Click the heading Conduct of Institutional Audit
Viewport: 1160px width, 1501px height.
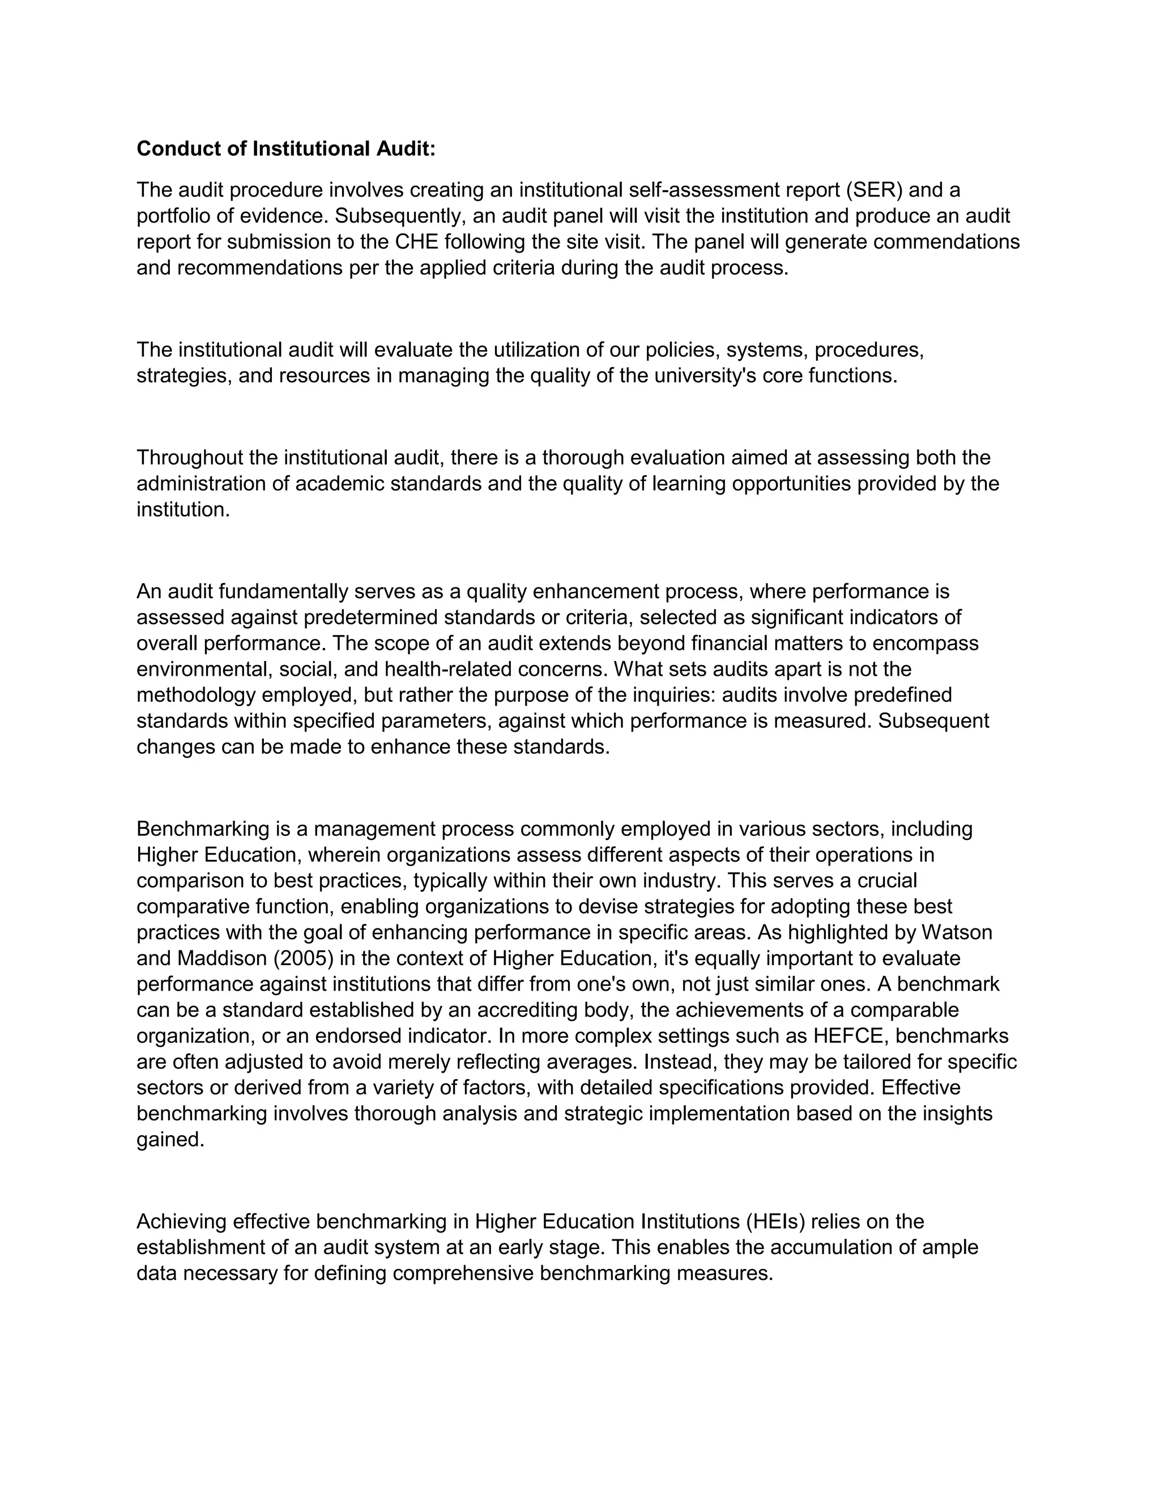click(x=286, y=148)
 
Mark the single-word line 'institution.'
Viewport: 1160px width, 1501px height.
click(x=183, y=509)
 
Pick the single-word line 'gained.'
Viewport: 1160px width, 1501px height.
click(x=170, y=1140)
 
